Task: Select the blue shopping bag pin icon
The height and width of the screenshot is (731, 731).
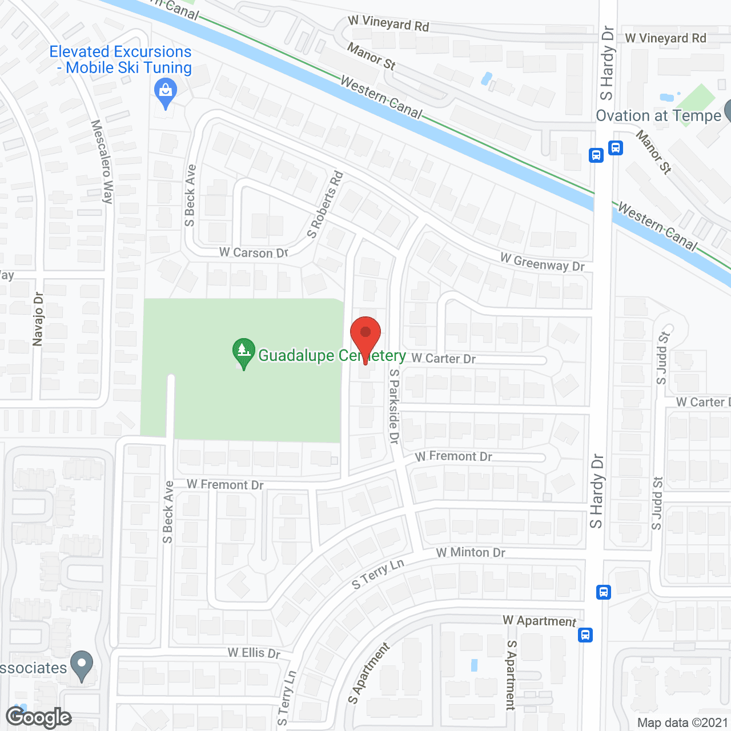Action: coord(166,92)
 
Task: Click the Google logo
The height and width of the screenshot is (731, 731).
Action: coord(39,717)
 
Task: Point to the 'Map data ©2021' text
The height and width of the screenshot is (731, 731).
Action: coord(682,722)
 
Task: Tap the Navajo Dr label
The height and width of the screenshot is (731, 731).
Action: coord(38,319)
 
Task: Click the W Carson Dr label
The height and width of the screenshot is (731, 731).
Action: coord(254,252)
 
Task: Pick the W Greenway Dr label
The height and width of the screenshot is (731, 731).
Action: coord(542,263)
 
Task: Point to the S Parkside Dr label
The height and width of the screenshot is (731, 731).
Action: coord(394,406)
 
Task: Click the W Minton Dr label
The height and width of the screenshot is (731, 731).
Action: coord(471,552)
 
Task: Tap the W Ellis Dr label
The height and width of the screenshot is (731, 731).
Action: coord(254,652)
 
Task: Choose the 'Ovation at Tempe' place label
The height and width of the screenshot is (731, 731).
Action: coord(658,116)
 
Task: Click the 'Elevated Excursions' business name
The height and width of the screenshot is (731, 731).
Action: coord(121,52)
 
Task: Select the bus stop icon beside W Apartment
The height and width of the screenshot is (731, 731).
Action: coord(585,634)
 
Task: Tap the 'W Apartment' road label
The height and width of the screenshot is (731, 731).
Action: coord(539,621)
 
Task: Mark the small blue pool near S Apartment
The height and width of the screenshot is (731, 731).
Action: coord(474,665)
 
